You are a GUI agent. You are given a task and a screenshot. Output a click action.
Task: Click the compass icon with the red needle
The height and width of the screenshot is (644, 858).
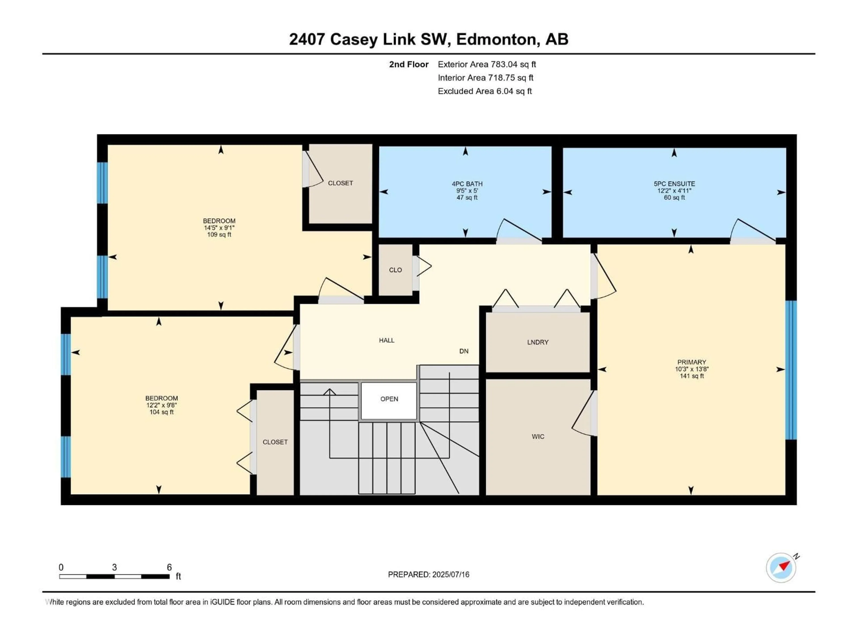(781, 568)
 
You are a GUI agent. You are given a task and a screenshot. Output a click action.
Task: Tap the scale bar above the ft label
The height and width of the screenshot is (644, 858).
(114, 576)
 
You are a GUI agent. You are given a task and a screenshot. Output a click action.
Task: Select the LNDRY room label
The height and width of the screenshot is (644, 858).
(538, 342)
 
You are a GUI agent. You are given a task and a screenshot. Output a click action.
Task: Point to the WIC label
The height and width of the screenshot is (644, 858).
(538, 436)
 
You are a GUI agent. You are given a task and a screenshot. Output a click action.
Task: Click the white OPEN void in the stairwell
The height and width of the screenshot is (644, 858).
(389, 401)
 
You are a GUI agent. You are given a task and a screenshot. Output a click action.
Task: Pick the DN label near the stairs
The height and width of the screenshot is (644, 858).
(464, 351)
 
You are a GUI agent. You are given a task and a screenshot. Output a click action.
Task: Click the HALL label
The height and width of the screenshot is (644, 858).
(387, 340)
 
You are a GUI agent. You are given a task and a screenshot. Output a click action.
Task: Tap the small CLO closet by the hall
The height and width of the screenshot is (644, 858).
(395, 269)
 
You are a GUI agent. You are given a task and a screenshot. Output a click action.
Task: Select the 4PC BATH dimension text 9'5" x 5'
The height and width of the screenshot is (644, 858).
(467, 191)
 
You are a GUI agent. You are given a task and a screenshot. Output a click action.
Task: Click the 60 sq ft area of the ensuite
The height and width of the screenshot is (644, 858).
(674, 197)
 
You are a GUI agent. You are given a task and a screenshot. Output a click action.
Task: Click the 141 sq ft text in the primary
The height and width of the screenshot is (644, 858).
(692, 376)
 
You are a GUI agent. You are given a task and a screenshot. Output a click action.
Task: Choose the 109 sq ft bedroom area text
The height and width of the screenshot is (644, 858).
(219, 235)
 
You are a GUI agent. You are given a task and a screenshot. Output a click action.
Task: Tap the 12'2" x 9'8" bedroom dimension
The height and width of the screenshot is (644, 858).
(162, 405)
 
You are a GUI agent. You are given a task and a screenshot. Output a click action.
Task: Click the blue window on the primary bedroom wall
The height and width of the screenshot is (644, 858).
(791, 370)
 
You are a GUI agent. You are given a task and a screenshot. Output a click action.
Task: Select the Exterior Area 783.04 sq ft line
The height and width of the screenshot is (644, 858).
(487, 64)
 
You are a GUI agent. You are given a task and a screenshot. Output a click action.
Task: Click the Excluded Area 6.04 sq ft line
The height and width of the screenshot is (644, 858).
(485, 91)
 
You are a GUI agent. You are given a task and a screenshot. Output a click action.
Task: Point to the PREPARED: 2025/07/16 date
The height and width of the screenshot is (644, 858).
(429, 574)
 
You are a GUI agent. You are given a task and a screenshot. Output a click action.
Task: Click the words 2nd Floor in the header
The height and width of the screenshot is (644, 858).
(409, 64)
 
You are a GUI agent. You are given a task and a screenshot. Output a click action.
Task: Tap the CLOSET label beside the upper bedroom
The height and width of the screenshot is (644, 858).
(341, 183)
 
